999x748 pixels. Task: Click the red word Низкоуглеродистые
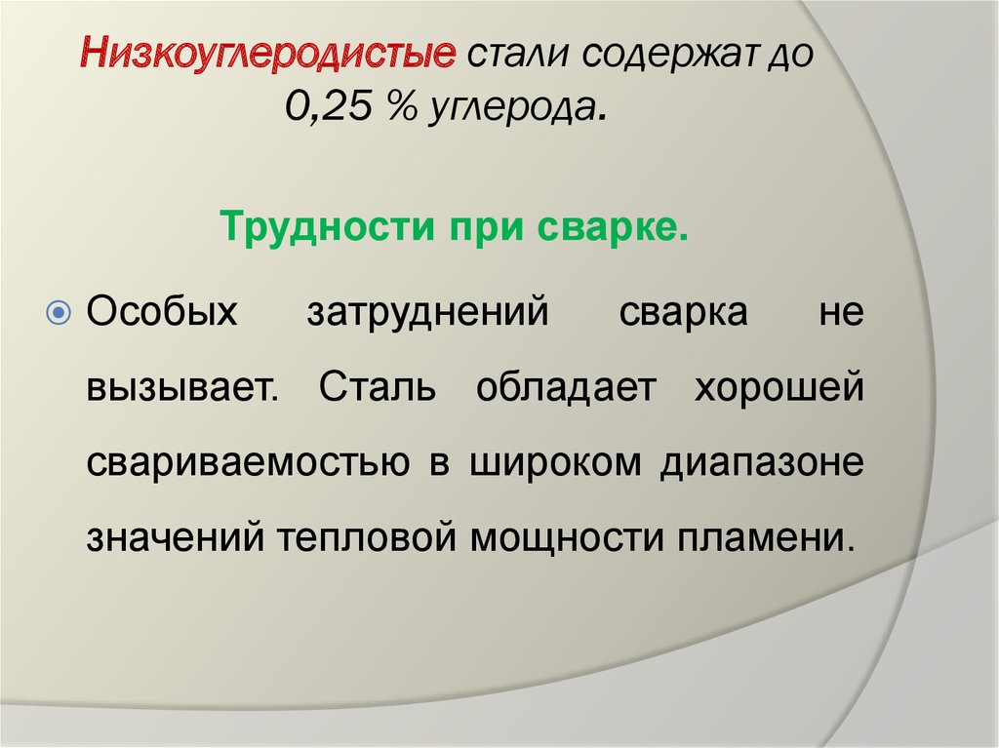[268, 55]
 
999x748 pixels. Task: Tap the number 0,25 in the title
[328, 105]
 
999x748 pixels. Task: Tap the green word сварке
[613, 227]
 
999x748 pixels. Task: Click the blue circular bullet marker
[60, 313]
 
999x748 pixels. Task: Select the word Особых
[162, 311]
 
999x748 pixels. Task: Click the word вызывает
[182, 387]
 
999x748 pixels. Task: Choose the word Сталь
[378, 386]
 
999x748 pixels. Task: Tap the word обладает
[566, 386]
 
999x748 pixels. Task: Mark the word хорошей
[779, 386]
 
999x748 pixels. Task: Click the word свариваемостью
[248, 462]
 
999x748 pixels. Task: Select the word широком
[555, 462]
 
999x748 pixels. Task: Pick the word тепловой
[367, 536]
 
